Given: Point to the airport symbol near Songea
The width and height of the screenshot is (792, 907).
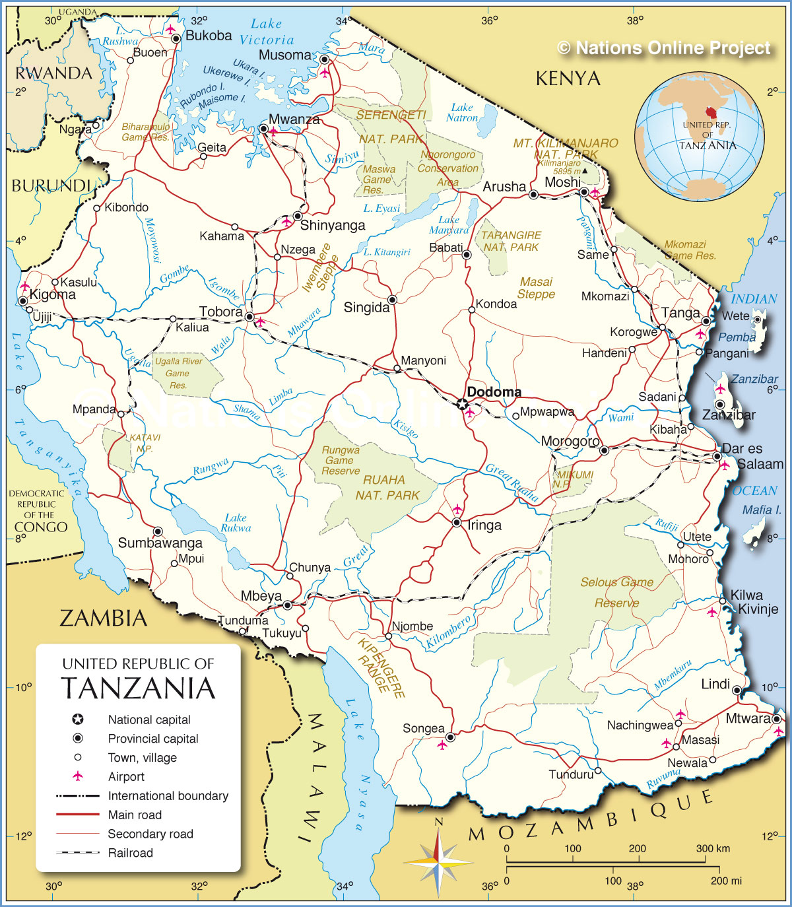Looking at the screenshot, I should [x=442, y=745].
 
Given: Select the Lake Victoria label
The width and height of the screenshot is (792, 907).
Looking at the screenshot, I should [x=267, y=32].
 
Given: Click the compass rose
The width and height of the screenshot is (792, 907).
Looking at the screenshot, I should [x=438, y=861].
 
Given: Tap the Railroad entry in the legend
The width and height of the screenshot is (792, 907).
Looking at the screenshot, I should [x=130, y=853].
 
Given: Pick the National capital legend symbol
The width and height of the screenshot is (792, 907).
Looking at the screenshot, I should [x=78, y=720].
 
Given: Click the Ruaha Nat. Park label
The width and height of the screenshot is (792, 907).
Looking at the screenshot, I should [x=387, y=488].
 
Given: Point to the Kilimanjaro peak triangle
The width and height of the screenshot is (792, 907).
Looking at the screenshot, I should [x=584, y=170].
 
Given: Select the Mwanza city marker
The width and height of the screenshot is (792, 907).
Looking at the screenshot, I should [x=263, y=129].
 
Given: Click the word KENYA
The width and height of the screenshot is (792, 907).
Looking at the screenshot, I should [x=568, y=79].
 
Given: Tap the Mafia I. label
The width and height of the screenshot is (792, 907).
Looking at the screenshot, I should [x=762, y=510].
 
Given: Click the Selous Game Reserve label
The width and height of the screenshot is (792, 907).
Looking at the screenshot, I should [x=617, y=592].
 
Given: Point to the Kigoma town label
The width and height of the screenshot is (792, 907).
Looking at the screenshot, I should [x=53, y=294].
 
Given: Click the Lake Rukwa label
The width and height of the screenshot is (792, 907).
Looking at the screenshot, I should [x=236, y=523].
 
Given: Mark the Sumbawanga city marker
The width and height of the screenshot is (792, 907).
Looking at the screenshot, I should [x=158, y=531].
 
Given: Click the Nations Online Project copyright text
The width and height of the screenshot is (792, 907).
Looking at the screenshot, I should [x=664, y=48].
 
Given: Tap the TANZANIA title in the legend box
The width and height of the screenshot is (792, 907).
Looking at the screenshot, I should [x=139, y=688].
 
